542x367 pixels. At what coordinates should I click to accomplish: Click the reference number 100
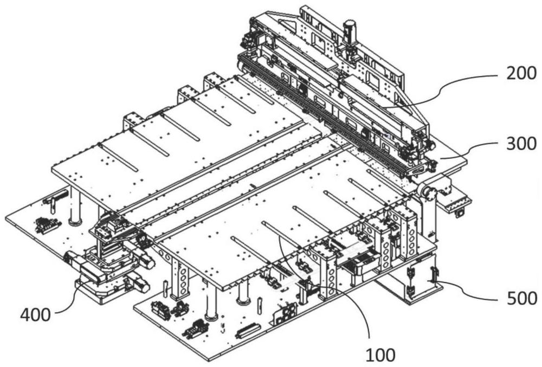(x=380, y=355)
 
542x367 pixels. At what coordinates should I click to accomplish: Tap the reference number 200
(x=521, y=73)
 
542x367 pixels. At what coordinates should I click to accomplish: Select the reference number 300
(x=521, y=144)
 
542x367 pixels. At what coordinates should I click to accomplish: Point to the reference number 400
(x=35, y=315)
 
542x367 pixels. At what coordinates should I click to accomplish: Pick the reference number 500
(x=522, y=298)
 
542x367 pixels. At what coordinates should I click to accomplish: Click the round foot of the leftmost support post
(x=75, y=222)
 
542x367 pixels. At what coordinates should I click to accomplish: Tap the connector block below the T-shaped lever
(x=46, y=226)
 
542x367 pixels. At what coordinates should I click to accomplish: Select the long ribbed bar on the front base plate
(x=248, y=330)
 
